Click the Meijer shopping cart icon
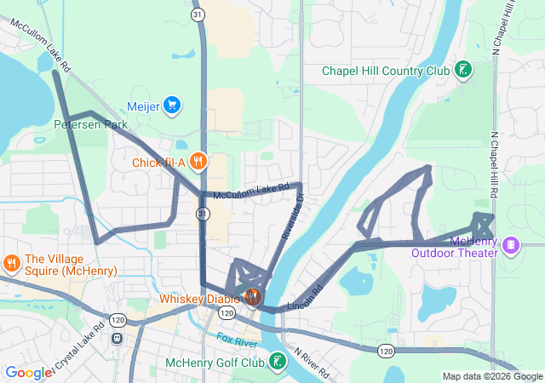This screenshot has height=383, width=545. coord(173,106)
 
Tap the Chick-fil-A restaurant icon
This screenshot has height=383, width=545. coord(198,161)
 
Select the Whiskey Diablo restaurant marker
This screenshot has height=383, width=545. coord(252,297)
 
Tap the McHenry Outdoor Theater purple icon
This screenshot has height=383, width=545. coord(510,245)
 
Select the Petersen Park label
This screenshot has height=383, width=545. coord(90,124)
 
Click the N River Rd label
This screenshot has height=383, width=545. coord(312,362)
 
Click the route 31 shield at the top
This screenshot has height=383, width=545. coord(198,14)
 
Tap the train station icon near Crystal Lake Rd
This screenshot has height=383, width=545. coord(117,337)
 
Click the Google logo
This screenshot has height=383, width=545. coord(28,373)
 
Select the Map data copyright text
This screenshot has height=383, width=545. coord(492,376)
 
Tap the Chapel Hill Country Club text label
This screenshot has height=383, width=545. coord(385,71)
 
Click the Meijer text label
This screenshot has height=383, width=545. coord(143,106)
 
